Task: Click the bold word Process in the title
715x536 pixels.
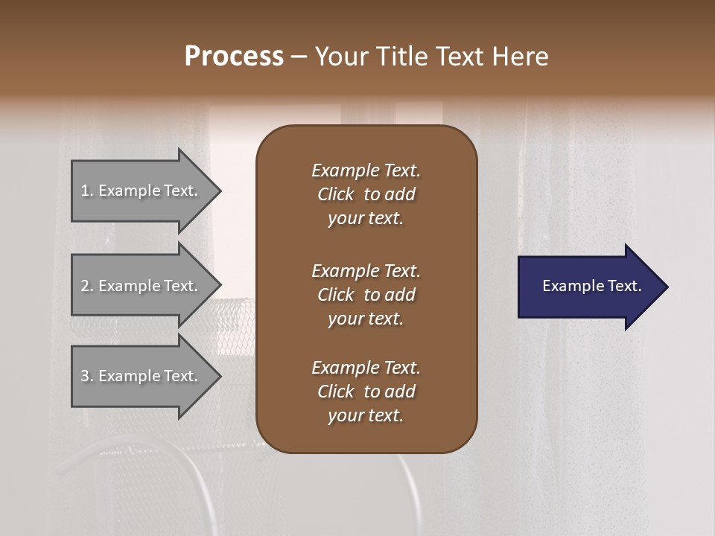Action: click(x=234, y=57)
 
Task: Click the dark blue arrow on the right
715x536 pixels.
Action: click(x=588, y=287)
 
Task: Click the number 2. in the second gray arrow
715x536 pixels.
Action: click(x=87, y=286)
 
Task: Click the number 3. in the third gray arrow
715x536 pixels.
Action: click(x=87, y=376)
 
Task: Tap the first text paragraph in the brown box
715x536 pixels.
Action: click(x=366, y=194)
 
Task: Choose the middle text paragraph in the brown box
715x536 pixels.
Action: click(x=366, y=295)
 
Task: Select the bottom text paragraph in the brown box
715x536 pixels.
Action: click(x=366, y=392)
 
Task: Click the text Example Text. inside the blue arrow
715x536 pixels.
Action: click(x=591, y=286)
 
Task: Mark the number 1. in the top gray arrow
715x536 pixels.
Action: click(x=87, y=191)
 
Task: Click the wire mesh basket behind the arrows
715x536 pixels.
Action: click(x=235, y=320)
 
